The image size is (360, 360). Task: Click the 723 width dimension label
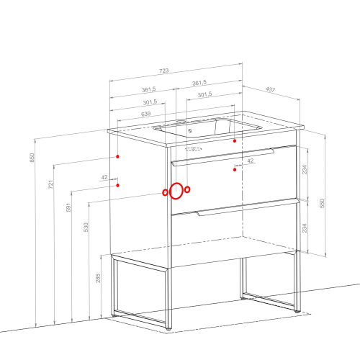pyautogui.click(x=164, y=71)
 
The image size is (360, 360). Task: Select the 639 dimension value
pyautogui.click(x=146, y=114)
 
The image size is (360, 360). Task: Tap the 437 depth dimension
pyautogui.click(x=270, y=89)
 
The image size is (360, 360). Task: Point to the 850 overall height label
pyautogui.click(x=32, y=158)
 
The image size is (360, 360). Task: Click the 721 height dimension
pyautogui.click(x=50, y=184)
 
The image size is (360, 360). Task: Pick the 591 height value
pyautogui.click(x=68, y=207)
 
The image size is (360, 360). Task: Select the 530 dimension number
pyautogui.click(x=86, y=228)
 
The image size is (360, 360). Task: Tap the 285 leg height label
pyautogui.click(x=98, y=278)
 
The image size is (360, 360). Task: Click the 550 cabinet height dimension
pyautogui.click(x=323, y=203)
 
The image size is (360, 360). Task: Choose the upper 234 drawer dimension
pyautogui.click(x=305, y=169)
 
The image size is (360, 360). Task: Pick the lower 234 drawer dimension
pyautogui.click(x=305, y=228)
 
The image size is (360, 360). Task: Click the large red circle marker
pyautogui.click(x=176, y=183)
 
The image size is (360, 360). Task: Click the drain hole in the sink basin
pyautogui.click(x=190, y=130)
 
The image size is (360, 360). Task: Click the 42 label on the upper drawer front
pyautogui.click(x=251, y=161)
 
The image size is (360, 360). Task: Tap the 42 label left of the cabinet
pyautogui.click(x=104, y=177)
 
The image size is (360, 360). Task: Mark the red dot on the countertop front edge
pyautogui.click(x=235, y=141)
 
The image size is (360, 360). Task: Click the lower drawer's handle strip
pyautogui.click(x=247, y=208)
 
